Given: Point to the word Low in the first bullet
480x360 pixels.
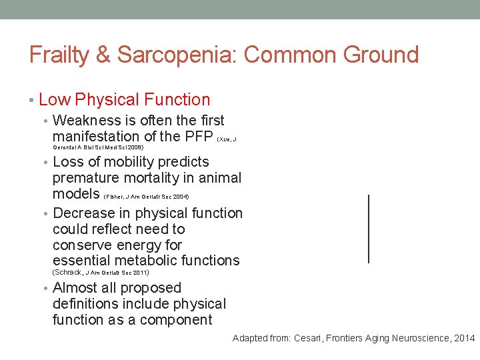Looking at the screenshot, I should coord(55,100).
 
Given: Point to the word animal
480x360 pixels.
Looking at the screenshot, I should coord(219,178).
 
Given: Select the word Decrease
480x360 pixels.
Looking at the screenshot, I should coord(83,213).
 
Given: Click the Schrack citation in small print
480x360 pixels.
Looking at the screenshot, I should coord(101,273).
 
